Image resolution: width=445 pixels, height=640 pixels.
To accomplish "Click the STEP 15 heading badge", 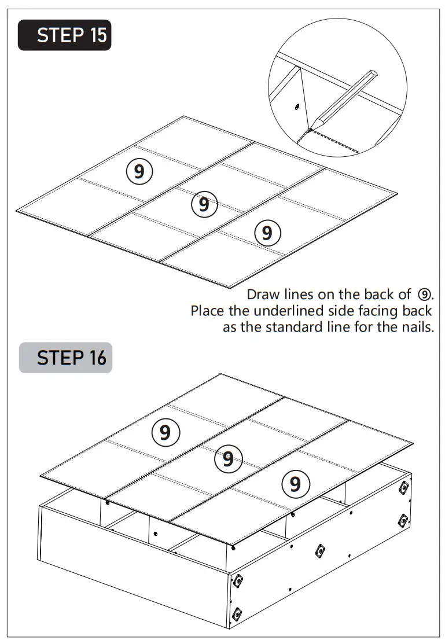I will pyautogui.click(x=64, y=35).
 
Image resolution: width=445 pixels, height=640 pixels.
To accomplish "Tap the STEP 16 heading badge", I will pyautogui.click(x=65, y=358).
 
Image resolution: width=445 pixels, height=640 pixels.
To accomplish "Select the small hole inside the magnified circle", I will pyautogui.click(x=296, y=106).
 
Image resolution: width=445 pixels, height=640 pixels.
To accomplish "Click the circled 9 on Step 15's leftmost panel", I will pyautogui.click(x=139, y=172).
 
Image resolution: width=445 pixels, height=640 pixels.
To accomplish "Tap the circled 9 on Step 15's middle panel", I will pyautogui.click(x=204, y=204).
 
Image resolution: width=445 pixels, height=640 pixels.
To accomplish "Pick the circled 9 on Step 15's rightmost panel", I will pyautogui.click(x=267, y=233).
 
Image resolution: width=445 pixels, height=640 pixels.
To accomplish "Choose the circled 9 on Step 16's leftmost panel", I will pyautogui.click(x=166, y=432).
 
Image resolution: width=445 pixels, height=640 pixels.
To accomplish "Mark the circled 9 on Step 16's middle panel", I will pyautogui.click(x=228, y=459).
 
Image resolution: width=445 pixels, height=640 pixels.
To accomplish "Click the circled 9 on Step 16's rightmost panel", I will pyautogui.click(x=295, y=483).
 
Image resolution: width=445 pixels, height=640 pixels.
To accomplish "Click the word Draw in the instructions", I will pyautogui.click(x=263, y=294).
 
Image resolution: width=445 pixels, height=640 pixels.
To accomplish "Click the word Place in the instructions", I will pyautogui.click(x=207, y=311).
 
